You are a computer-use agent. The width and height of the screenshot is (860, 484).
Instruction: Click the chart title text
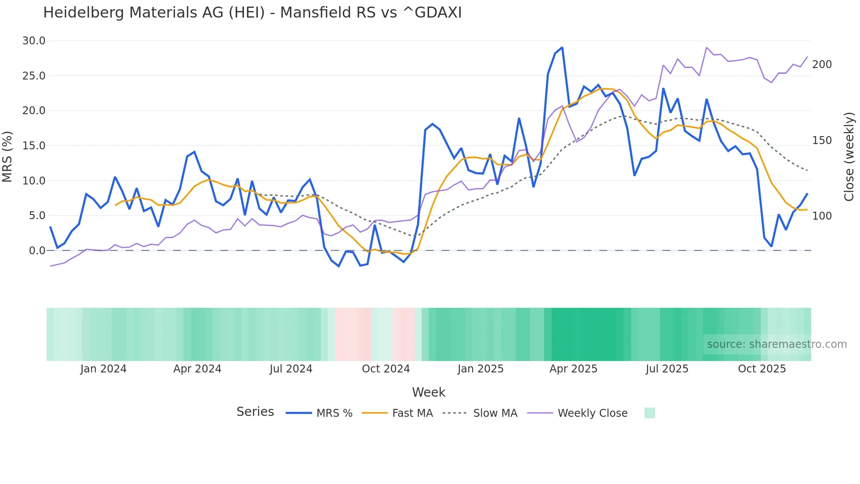pos(252,13)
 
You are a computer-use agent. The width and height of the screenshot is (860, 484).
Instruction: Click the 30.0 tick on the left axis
pos(34,41)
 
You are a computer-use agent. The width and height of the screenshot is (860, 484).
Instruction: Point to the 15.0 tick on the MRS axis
pos(34,146)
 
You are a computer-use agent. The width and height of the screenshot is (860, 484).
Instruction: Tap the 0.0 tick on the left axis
pos(37,251)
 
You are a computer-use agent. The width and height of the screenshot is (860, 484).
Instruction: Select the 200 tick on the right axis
pos(822,65)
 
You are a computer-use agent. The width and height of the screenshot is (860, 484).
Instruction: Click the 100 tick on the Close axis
pos(822,216)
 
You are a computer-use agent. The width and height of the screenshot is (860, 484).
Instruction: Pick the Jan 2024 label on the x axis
pos(103,369)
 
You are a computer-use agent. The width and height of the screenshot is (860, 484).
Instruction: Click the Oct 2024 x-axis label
pos(386,369)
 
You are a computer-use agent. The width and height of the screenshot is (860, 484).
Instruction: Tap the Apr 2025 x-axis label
pos(573,369)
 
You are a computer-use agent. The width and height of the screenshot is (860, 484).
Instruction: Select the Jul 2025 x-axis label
pos(667,369)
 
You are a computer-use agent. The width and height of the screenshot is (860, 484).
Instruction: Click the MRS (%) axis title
pos(7,157)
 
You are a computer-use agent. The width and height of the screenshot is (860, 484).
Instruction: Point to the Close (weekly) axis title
pos(849,157)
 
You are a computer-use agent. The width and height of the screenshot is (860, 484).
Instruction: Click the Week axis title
pos(428,392)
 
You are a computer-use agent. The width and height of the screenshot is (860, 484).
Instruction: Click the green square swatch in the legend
pos(649,413)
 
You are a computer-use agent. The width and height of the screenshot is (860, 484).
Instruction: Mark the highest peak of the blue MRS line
pos(562,47)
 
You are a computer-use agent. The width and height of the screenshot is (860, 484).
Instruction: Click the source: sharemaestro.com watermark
pos(777,344)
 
